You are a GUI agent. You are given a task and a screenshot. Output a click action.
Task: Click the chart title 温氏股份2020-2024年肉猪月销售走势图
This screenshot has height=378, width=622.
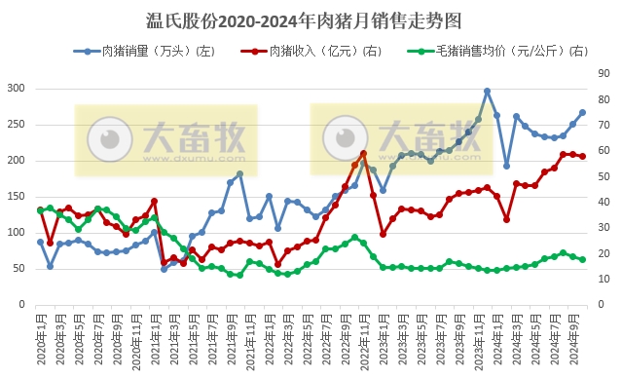click(311, 19)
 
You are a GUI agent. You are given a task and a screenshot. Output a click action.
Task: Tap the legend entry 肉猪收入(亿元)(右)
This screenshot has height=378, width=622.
click(322, 50)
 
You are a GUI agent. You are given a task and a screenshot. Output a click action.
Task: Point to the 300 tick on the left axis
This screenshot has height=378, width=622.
click(16, 89)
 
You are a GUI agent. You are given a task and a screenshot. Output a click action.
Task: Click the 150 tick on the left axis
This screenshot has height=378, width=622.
click(16, 197)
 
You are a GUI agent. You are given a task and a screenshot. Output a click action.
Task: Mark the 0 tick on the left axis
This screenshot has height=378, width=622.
click(22, 305)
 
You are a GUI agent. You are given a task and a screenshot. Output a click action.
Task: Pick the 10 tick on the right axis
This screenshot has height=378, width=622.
click(603, 280)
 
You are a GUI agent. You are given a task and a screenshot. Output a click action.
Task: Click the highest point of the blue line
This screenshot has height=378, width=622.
click(487, 92)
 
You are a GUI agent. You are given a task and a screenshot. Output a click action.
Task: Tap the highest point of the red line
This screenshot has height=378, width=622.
click(363, 153)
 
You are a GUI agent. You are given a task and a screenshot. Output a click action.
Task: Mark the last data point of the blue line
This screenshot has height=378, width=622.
click(582, 112)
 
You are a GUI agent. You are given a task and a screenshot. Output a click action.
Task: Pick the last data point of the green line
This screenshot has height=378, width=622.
click(582, 259)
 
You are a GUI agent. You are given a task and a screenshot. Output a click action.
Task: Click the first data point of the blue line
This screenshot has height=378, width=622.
click(41, 242)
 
